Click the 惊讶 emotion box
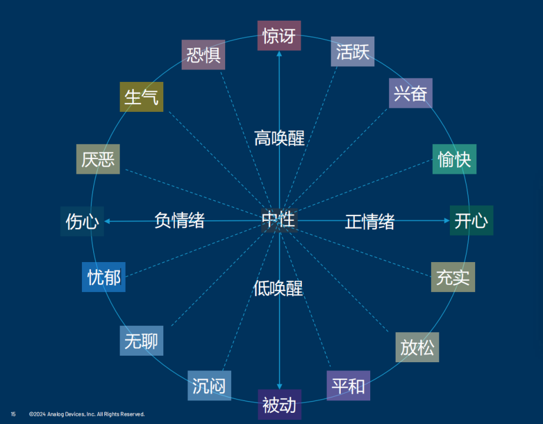pyautogui.click(x=279, y=35)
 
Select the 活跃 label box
pyautogui.click(x=352, y=51)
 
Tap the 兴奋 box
pyautogui.click(x=410, y=93)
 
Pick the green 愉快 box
pyautogui.click(x=454, y=159)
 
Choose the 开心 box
pyautogui.click(x=471, y=220)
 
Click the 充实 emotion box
pyautogui.click(x=452, y=277)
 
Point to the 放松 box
pyautogui.click(x=417, y=347)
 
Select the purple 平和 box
pyautogui.click(x=348, y=386)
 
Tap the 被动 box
pyautogui.click(x=279, y=405)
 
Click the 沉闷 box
pyautogui.click(x=209, y=386)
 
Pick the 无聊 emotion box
pyautogui.click(x=141, y=340)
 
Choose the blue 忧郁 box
pyautogui.click(x=104, y=277)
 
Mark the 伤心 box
pyautogui.click(x=82, y=221)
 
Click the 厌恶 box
pyautogui.click(x=98, y=159)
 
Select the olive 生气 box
pyautogui.click(x=141, y=97)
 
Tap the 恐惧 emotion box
pyautogui.click(x=203, y=55)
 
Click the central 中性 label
pyautogui.click(x=278, y=220)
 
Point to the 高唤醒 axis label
pyautogui.click(x=279, y=138)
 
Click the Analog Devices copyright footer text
pyautogui.click(x=87, y=414)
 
